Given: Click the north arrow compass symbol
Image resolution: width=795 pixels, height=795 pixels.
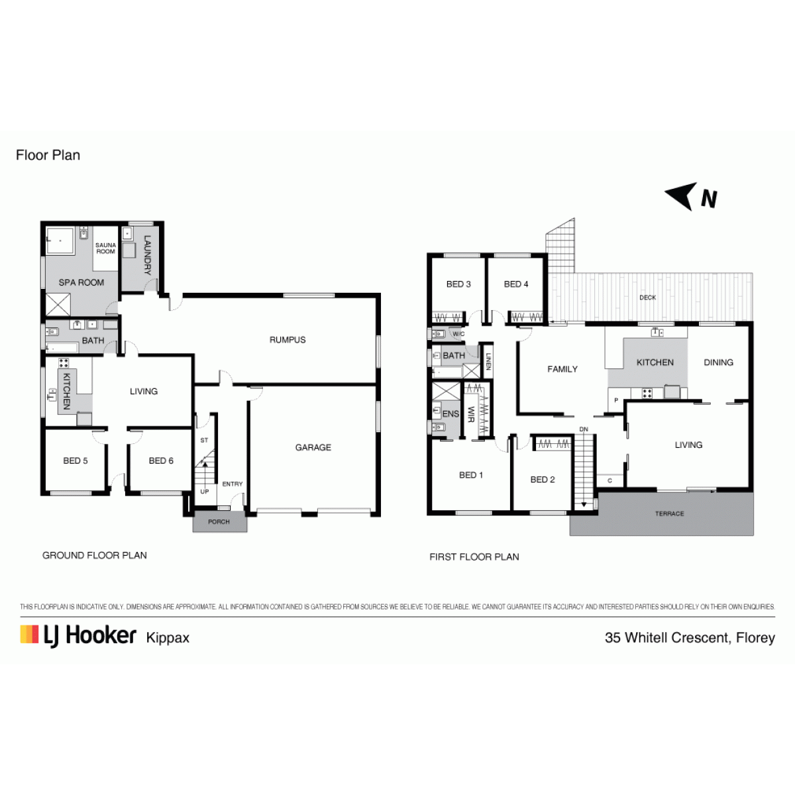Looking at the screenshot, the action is (690, 197).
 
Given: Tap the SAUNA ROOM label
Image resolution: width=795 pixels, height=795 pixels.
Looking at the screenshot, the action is (105, 248).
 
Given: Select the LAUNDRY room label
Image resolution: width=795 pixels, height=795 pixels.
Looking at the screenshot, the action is (147, 255).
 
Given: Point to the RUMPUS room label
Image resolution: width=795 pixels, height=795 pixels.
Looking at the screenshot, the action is (288, 340).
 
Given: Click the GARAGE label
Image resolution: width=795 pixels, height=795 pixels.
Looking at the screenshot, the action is (313, 447).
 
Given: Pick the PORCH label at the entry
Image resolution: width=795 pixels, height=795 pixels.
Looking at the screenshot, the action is (219, 521).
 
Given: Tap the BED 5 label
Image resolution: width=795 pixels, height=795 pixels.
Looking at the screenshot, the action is (76, 460).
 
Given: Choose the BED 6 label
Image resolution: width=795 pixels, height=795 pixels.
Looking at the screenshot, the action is (161, 460).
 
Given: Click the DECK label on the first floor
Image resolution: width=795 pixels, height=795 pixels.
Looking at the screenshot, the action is (647, 297).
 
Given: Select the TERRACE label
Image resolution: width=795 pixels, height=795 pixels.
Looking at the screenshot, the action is (670, 513).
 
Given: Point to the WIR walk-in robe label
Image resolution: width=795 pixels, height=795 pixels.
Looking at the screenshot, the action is (471, 414).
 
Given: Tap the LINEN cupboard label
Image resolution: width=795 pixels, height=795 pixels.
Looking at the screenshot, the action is (488, 362).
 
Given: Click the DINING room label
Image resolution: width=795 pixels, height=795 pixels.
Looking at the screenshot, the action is (718, 362).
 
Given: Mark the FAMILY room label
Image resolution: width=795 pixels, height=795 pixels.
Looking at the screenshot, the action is (562, 369).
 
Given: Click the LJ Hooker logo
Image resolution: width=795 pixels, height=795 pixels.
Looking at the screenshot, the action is (78, 636).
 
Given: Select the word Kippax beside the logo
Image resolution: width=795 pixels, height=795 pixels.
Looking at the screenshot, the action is (168, 638).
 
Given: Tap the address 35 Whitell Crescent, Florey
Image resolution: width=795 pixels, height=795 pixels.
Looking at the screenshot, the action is (690, 637).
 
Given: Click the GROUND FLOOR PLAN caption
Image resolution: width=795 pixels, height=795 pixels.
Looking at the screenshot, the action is (95, 555).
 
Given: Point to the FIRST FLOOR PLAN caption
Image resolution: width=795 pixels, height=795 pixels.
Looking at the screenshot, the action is (474, 556).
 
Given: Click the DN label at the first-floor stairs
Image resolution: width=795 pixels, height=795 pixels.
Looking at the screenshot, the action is (584, 429).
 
